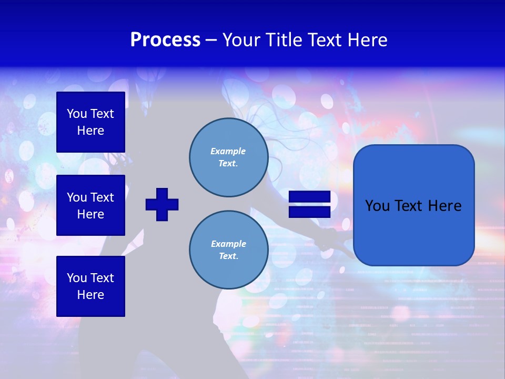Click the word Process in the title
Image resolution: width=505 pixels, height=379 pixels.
(x=165, y=40)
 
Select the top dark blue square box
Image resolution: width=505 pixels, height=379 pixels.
(x=90, y=122)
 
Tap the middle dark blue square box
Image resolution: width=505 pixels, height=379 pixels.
(x=90, y=205)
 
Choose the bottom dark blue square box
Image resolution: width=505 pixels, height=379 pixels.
(x=90, y=286)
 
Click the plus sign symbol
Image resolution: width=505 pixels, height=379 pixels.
(x=162, y=204)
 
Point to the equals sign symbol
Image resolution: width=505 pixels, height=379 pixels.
(x=309, y=204)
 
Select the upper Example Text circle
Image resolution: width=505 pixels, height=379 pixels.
(x=228, y=157)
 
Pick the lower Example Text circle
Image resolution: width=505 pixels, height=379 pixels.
(x=228, y=250)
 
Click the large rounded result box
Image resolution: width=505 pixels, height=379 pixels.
(x=413, y=205)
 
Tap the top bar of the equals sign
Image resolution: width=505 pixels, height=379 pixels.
(x=309, y=197)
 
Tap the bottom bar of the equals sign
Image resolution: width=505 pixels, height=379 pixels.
(x=309, y=212)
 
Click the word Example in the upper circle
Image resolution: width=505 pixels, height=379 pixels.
(x=228, y=151)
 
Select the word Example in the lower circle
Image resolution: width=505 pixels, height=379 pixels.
(x=228, y=244)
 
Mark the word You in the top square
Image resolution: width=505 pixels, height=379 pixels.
(x=77, y=114)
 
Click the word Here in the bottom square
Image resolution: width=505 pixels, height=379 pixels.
(x=90, y=295)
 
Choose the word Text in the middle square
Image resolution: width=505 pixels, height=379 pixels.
(x=102, y=197)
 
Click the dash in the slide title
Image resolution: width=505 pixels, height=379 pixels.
(x=211, y=40)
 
